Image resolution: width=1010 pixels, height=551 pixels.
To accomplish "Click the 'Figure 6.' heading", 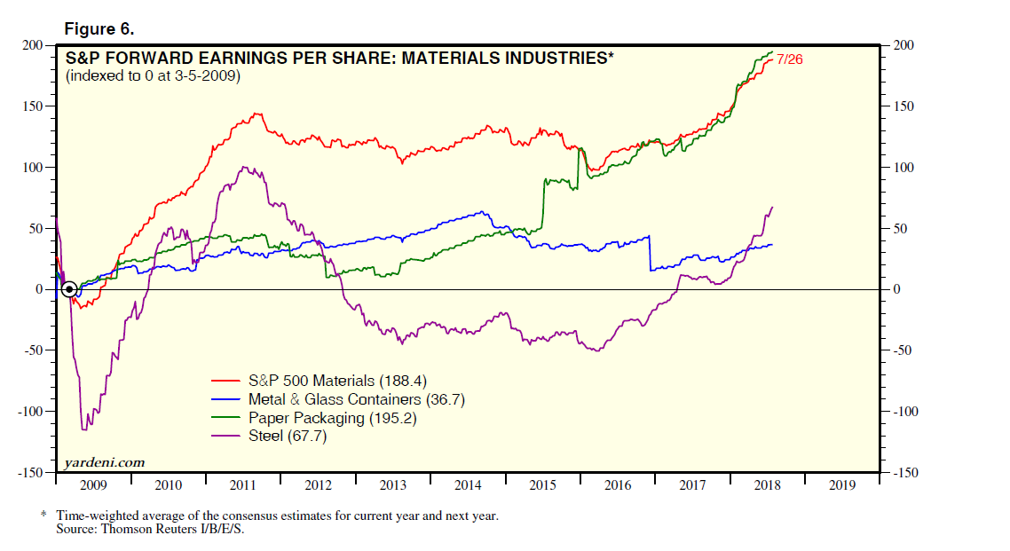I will (99, 29).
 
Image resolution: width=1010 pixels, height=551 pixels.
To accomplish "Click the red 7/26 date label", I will (790, 59).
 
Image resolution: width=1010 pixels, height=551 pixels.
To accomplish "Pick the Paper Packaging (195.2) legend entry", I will (332, 418).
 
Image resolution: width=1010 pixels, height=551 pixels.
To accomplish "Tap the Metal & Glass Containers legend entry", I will (356, 399).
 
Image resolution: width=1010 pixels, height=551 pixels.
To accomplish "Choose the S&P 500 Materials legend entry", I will (330, 382).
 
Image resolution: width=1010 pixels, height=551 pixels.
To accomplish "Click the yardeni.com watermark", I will (105, 463).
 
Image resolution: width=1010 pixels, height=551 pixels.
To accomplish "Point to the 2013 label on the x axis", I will (392, 485).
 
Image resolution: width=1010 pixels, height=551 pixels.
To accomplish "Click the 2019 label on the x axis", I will (841, 485).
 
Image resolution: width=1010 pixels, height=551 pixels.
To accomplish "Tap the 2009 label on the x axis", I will (93, 485).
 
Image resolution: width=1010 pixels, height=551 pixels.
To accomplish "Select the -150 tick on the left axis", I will (34, 473).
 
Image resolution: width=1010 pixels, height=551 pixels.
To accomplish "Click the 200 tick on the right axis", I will (903, 46).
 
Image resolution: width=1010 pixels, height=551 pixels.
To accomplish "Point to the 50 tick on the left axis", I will (39, 229).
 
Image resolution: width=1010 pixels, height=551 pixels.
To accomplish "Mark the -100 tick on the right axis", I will (906, 412).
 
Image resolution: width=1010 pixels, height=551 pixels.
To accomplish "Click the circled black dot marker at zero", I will (68, 289).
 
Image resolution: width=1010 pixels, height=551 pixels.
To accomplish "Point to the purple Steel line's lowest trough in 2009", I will (84, 429).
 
